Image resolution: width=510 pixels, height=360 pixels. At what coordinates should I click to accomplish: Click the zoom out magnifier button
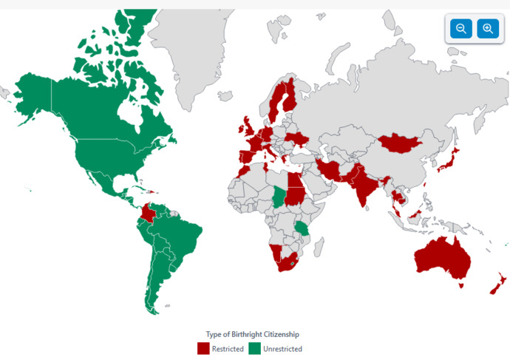pyautogui.click(x=460, y=29)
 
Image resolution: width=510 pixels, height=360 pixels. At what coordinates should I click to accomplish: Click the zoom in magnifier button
pyautogui.click(x=488, y=29)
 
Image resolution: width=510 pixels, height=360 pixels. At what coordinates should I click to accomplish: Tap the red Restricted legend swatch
pyautogui.click(x=203, y=348)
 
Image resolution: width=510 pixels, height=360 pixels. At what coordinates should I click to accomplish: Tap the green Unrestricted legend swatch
pyautogui.click(x=254, y=348)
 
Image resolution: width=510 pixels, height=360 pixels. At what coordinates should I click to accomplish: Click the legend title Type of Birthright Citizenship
pyautogui.click(x=252, y=334)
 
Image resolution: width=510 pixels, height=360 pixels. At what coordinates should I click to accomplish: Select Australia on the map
pyautogui.click(x=443, y=258)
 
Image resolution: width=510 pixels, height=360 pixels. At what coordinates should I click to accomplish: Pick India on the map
pyautogui.click(x=363, y=189)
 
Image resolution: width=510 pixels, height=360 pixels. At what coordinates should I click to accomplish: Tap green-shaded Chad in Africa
pyautogui.click(x=277, y=194)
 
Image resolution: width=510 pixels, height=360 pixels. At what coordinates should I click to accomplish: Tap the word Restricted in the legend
pyautogui.click(x=228, y=349)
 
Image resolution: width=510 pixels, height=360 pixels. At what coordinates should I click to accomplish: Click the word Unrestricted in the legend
pyautogui.click(x=283, y=349)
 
